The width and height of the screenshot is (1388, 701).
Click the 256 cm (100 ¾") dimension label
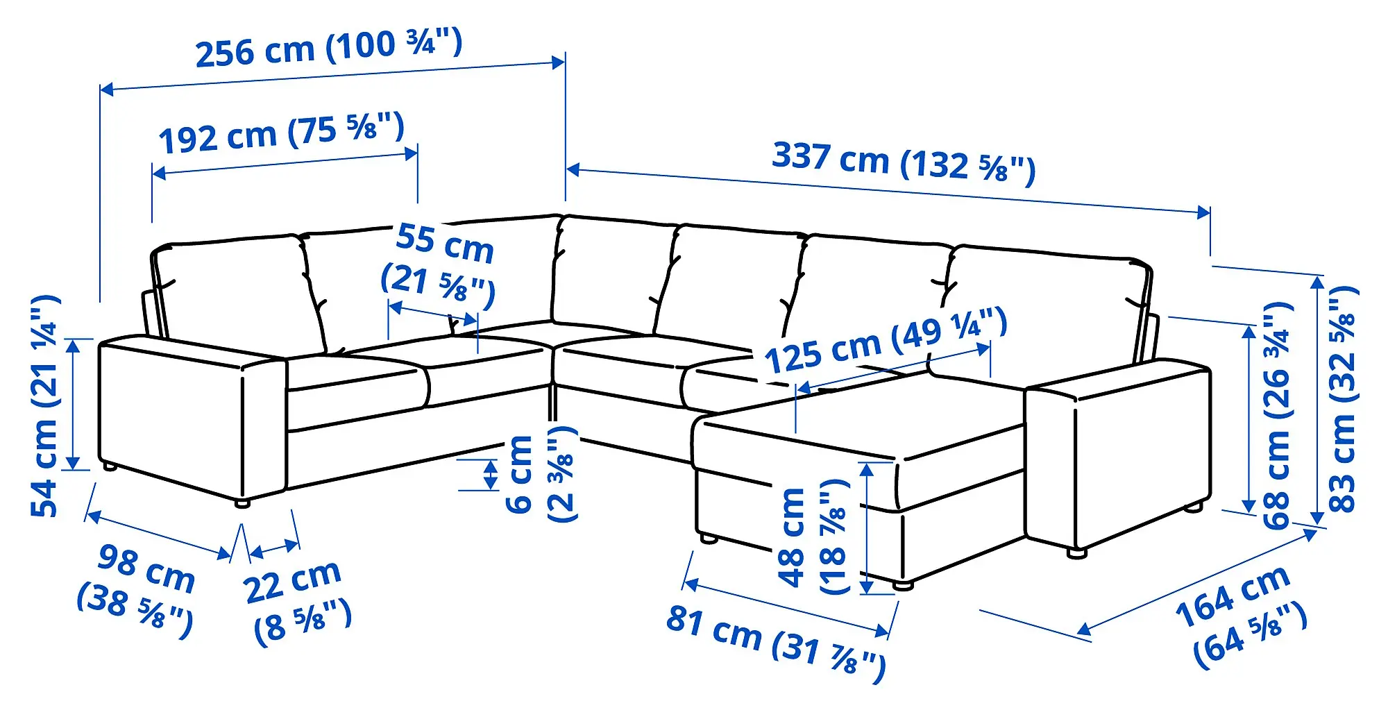point(328,47)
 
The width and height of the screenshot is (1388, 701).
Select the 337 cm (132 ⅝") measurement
point(904,162)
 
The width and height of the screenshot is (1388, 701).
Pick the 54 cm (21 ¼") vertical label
point(46,406)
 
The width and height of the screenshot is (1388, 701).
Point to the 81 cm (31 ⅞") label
point(775,642)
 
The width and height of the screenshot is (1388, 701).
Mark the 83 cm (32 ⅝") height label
point(1343,399)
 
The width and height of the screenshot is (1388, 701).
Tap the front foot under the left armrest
point(242,503)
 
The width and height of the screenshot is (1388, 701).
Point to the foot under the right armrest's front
point(1076,553)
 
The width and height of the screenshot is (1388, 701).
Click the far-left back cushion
point(236,292)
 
